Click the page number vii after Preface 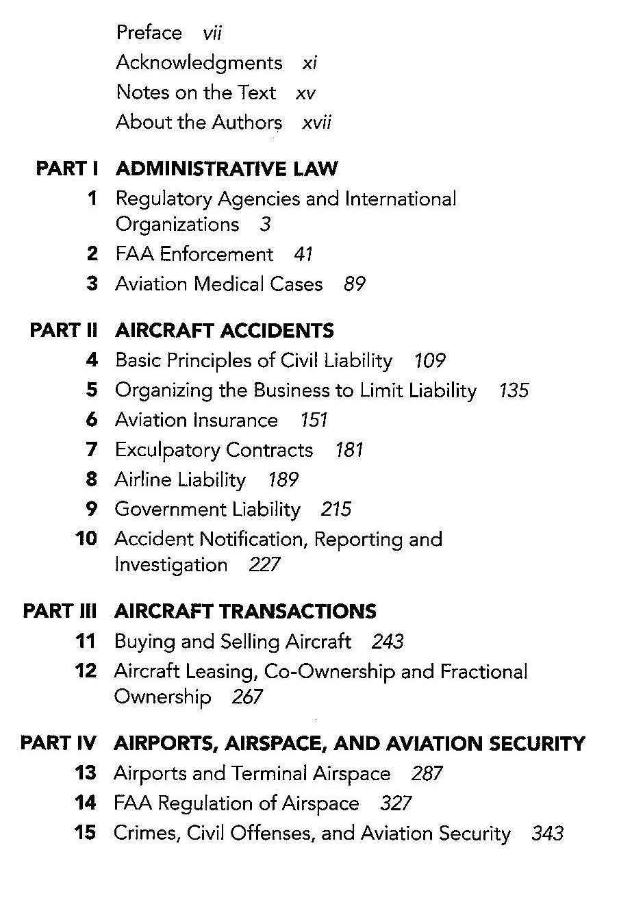click(212, 33)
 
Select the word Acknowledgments click(199, 63)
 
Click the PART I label click(68, 168)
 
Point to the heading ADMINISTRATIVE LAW click(226, 168)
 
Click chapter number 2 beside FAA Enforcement click(92, 254)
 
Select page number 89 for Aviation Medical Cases click(355, 284)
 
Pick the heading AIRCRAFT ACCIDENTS click(224, 331)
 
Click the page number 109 click(430, 361)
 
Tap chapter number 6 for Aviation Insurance click(92, 420)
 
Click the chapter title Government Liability click(207, 510)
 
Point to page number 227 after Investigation click(264, 565)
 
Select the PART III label click(60, 611)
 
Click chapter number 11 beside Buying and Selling click(86, 642)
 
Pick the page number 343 click(547, 834)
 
